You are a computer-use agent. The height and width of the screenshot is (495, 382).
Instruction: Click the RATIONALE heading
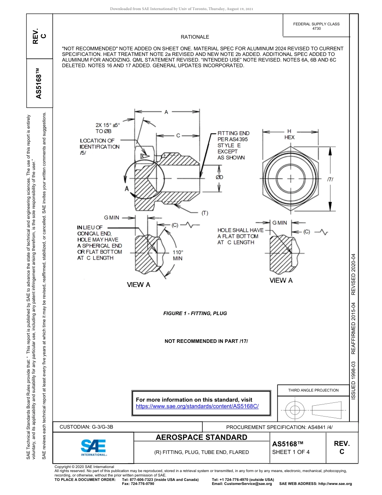coord(195,37)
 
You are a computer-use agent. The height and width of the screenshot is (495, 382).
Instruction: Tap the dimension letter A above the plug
coord(166,112)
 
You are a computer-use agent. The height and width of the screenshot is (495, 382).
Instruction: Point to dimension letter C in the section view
coord(178,136)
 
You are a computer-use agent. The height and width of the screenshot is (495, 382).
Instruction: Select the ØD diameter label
coord(219,177)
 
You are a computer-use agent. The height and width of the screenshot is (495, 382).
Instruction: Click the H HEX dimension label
coord(289,134)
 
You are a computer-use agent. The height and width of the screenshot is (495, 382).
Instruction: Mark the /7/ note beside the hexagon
coord(330,179)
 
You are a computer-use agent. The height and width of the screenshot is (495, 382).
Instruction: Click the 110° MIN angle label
coord(178,255)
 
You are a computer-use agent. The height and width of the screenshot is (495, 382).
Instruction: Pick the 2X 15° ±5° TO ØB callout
coord(107,128)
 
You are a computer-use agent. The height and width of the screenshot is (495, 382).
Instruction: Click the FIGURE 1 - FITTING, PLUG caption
coord(195,313)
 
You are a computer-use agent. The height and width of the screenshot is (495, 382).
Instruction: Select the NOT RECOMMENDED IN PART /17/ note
coord(206,341)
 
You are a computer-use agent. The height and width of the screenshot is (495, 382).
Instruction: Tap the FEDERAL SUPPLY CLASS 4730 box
coord(316,26)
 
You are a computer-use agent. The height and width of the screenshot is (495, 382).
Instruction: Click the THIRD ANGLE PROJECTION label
coord(313,390)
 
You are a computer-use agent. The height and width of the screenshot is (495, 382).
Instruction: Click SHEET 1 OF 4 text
coord(291,452)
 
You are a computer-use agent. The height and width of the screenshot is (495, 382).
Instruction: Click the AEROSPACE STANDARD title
coord(201,437)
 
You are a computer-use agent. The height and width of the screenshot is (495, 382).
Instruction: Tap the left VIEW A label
coord(138,285)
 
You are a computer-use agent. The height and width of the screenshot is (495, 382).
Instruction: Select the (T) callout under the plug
coord(205,213)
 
